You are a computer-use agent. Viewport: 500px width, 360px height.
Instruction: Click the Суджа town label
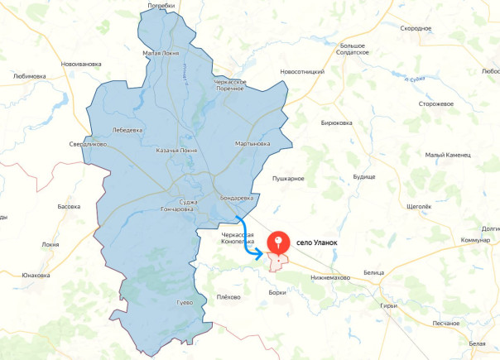188,202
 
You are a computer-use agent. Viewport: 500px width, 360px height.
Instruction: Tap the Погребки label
161,5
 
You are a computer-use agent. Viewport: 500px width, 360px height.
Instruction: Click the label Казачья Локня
176,151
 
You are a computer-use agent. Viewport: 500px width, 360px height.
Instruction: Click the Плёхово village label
228,296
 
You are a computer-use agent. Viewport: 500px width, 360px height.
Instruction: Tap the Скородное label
416,28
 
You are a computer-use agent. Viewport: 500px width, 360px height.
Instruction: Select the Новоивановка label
81,64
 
